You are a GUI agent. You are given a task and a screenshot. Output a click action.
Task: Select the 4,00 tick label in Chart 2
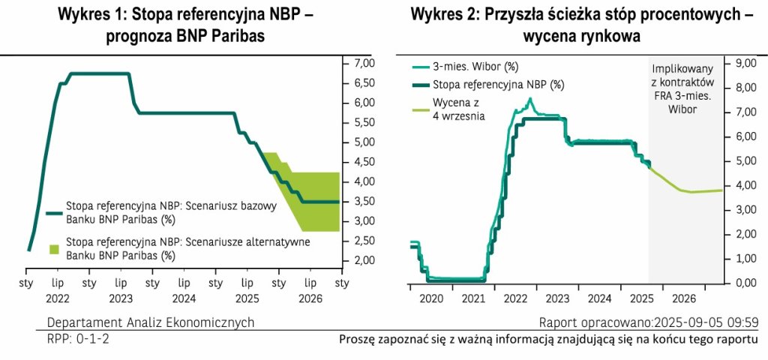click(x=743, y=185)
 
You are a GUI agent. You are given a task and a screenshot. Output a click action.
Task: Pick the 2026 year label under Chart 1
click(x=310, y=298)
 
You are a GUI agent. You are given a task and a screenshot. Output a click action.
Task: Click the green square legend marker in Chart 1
click(x=53, y=248)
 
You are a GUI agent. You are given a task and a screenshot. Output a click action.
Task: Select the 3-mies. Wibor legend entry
click(x=466, y=66)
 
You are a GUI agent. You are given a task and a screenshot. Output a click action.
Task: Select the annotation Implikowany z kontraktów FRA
click(x=682, y=81)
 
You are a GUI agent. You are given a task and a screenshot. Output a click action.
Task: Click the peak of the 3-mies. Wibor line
click(x=530, y=99)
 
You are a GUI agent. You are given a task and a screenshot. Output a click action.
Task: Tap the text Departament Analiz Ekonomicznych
click(x=150, y=322)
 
